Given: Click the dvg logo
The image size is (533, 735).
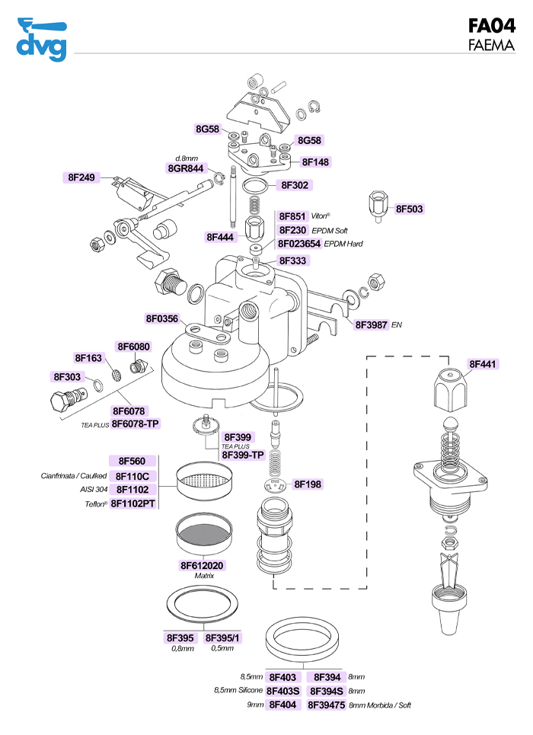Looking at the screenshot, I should coord(41,38).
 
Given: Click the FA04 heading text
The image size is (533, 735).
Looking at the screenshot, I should coord(492,26).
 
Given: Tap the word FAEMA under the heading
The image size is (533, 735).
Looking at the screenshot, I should coord(492,45).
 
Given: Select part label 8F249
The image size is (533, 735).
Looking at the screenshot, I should coord(81,177).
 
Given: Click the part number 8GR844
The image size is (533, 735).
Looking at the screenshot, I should coord(186,168).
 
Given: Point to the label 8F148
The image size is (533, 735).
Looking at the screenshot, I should coord(315,162).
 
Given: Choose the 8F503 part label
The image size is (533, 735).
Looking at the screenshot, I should coord(410,209).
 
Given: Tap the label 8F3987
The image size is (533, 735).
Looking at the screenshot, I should coord(372,324).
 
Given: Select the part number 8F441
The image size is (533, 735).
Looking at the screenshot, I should coord(483,364).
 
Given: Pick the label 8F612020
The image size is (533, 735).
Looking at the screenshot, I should coord(202,565).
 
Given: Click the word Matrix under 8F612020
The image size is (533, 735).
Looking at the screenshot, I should coord(202,577).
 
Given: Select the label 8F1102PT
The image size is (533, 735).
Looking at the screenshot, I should coord(133,503).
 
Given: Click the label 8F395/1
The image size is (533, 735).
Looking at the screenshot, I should coord(222,638).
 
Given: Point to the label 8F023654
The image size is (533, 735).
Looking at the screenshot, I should coord(299,244).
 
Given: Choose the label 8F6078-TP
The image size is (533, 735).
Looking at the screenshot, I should coord(136,423).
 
